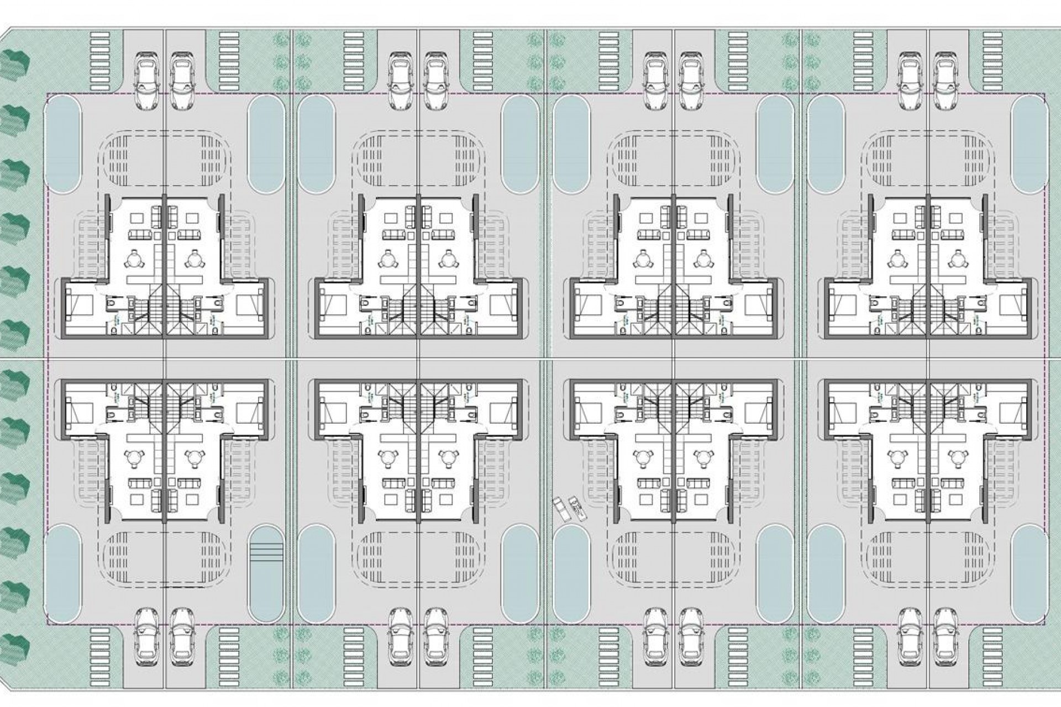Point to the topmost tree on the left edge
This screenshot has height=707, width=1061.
15,65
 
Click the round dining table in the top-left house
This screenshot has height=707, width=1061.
134,258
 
